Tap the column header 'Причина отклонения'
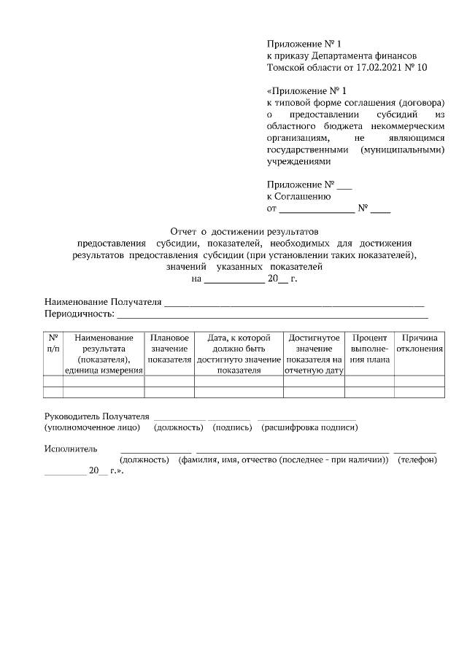click(420, 343)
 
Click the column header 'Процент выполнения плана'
click(369, 349)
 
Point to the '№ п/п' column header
click(53, 343)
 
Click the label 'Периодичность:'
click(79, 314)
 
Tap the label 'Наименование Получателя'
click(102, 301)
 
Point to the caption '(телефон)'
click(417, 461)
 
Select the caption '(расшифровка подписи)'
click(309, 427)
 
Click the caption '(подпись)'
click(231, 427)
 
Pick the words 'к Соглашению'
click(299, 196)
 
